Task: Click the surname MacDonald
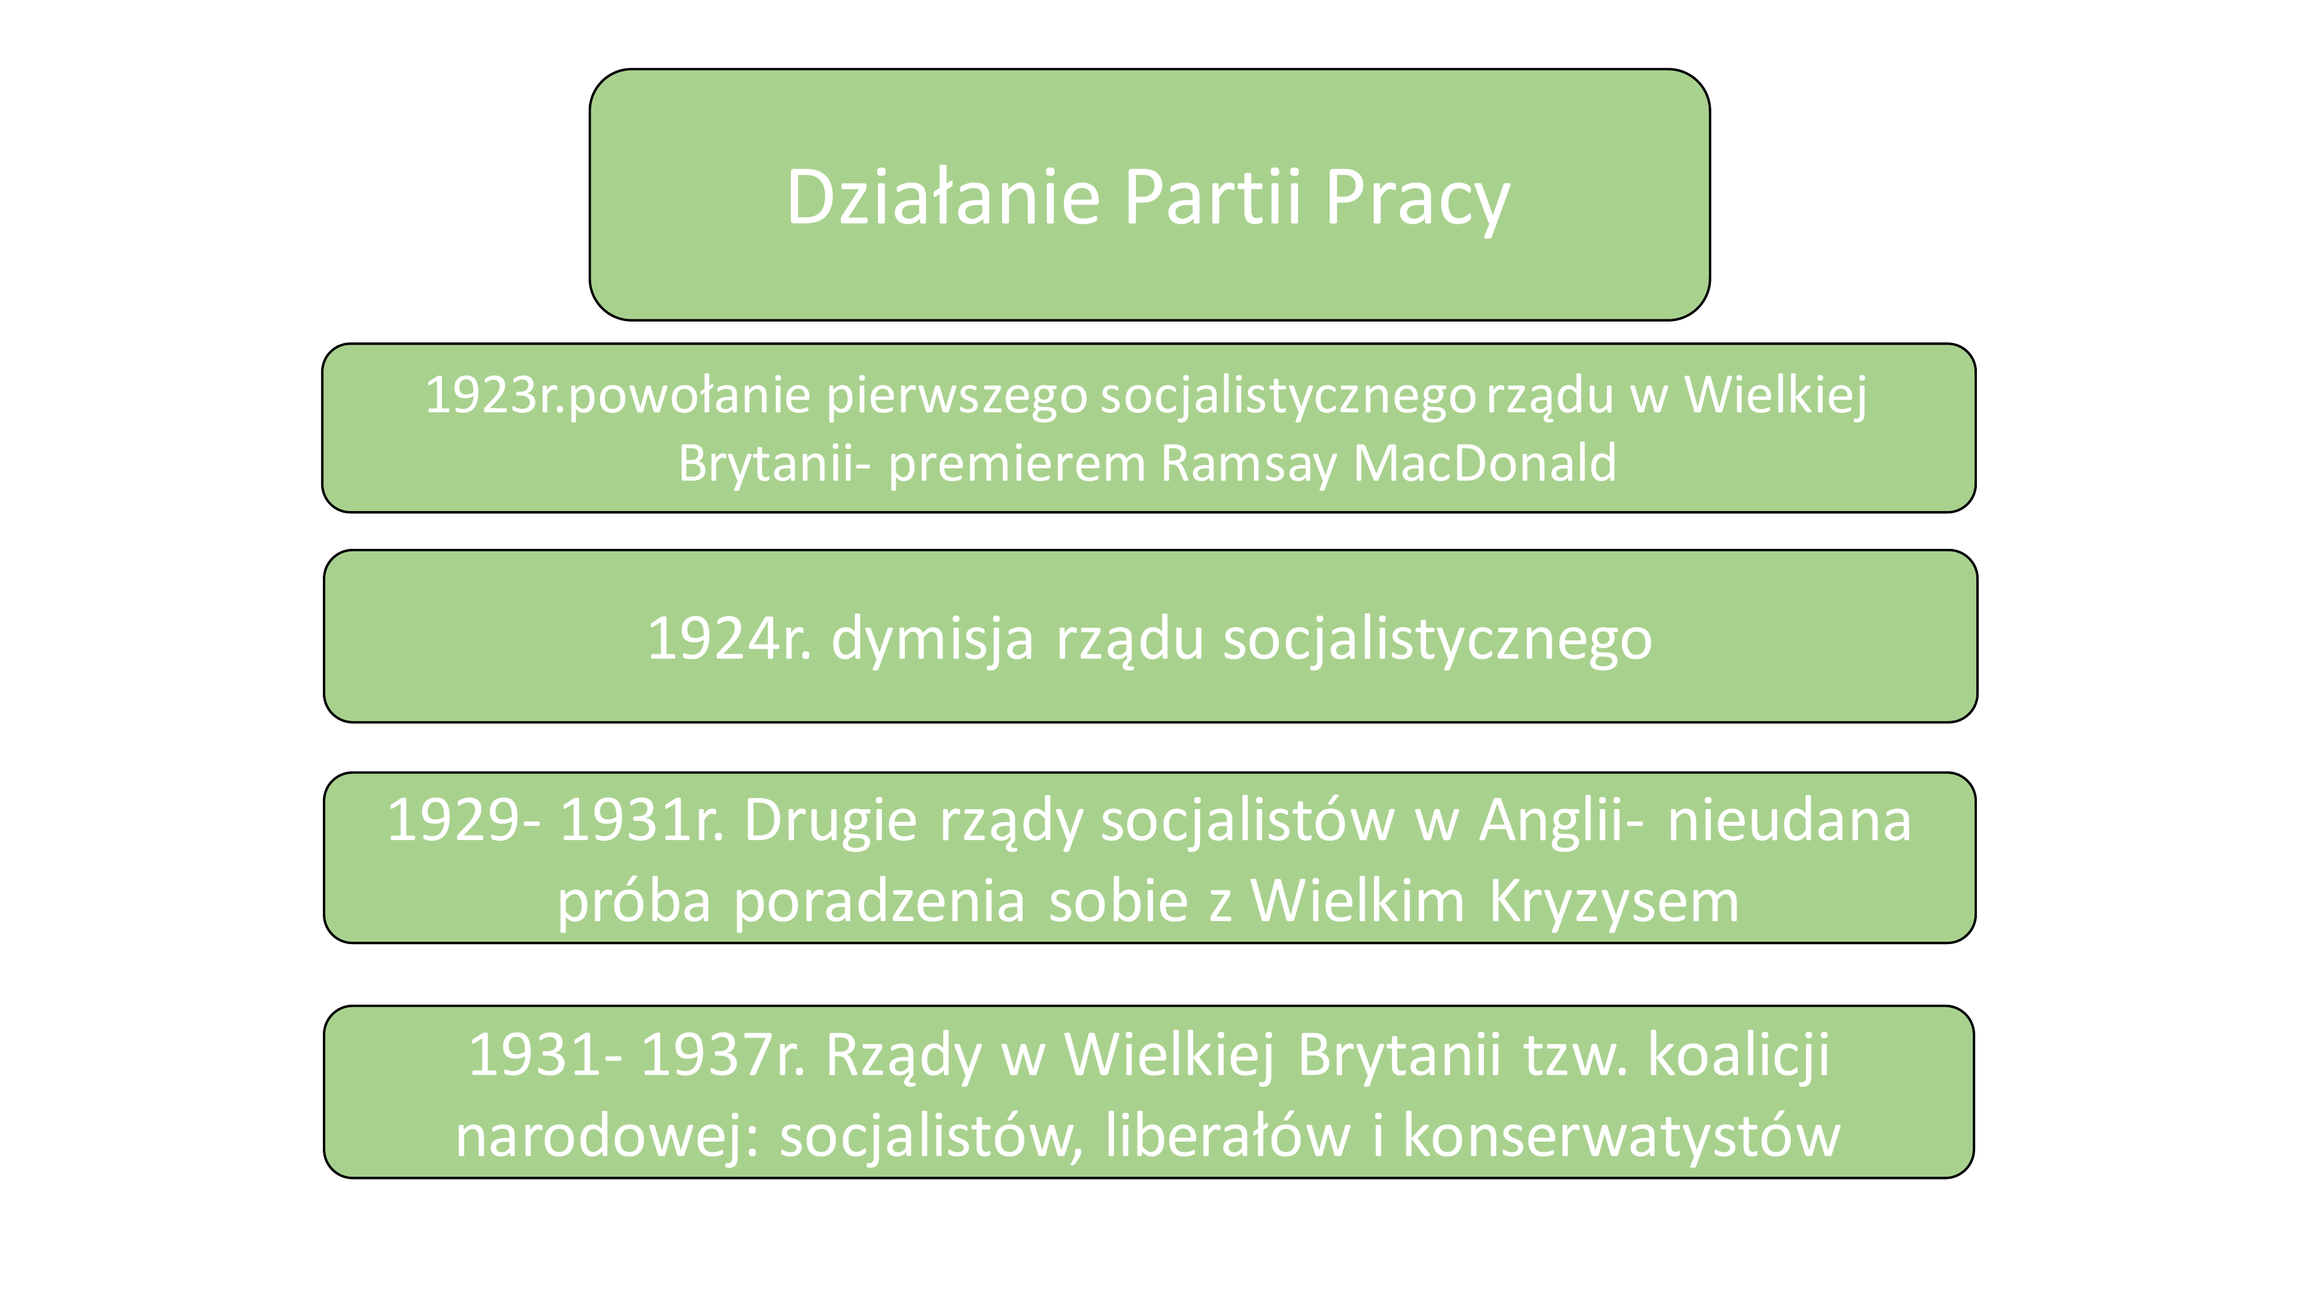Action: pos(1485,463)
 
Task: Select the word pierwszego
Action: pos(957,397)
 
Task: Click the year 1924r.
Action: pos(729,639)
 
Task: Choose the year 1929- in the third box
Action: pos(463,821)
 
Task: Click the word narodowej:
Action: pos(607,1138)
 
